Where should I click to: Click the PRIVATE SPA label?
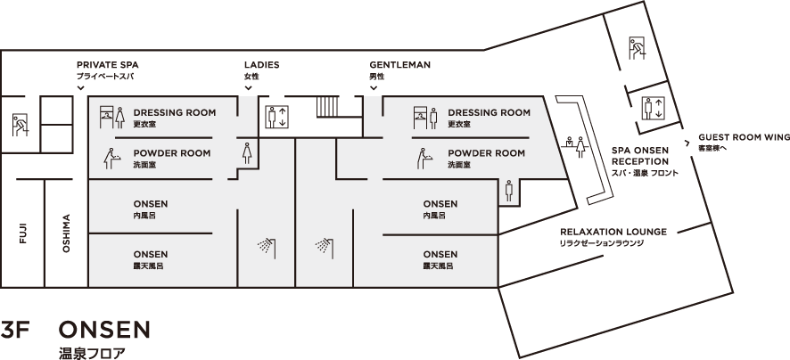[108, 65]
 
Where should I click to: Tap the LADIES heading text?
[261, 65]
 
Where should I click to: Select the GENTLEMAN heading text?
[400, 65]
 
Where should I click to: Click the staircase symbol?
[328, 106]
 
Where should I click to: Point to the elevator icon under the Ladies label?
[277, 116]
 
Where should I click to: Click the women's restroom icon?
[245, 152]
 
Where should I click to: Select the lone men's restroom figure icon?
[508, 189]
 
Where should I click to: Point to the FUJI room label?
[22, 233]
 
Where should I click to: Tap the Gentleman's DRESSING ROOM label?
[489, 113]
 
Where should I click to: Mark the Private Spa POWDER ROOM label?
[172, 153]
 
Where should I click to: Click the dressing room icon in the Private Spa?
[111, 116]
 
